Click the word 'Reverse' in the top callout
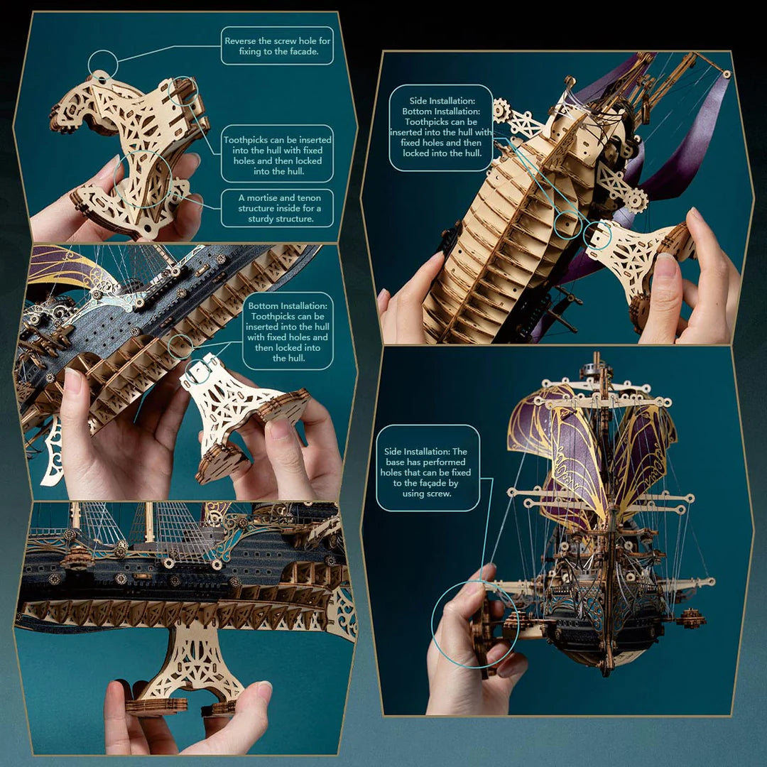click(241, 41)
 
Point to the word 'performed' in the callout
click(441, 462)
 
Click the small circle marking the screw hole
click(102, 64)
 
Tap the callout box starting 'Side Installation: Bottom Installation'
click(441, 127)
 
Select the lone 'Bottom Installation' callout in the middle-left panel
click(287, 332)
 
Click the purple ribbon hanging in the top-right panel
click(692, 142)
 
